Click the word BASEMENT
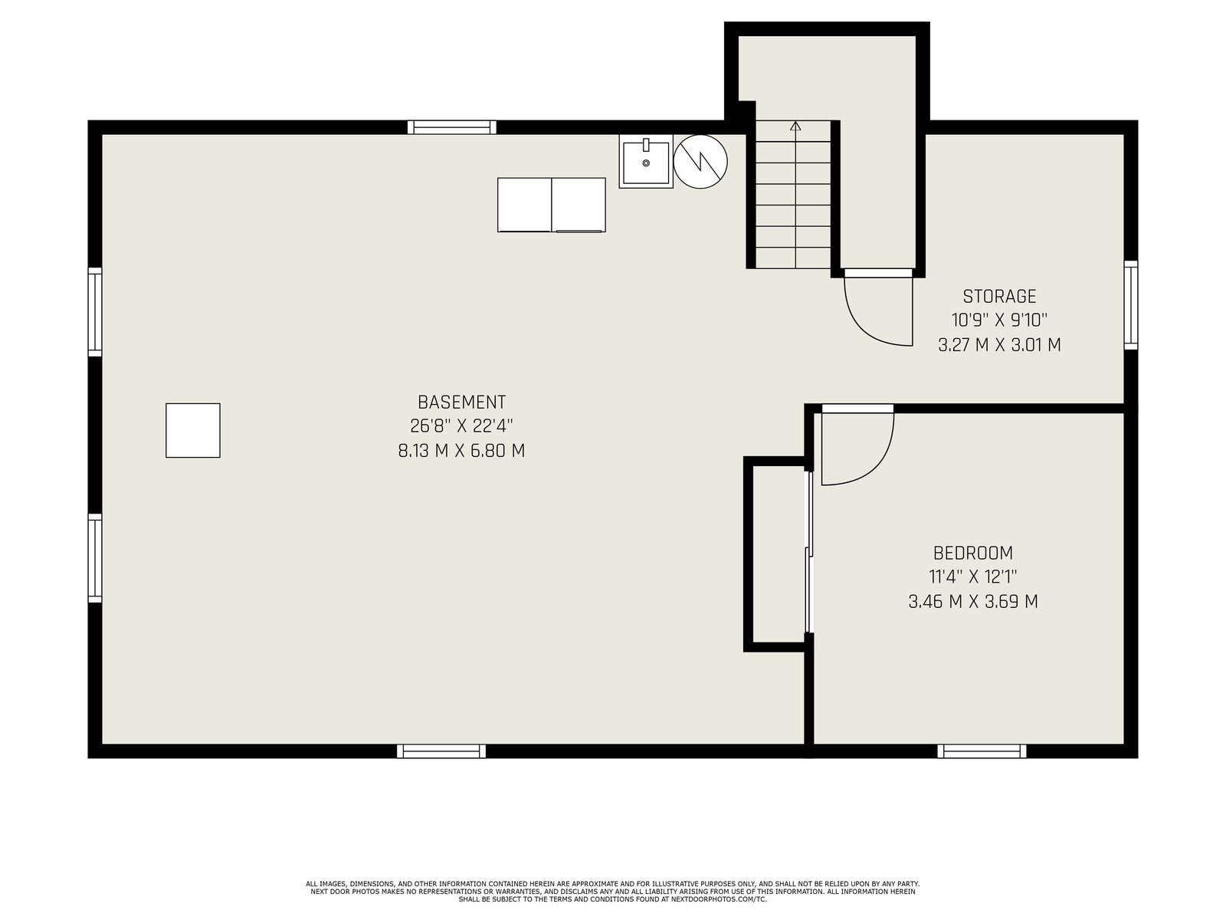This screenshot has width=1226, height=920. click(461, 402)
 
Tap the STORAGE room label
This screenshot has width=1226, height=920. click(999, 296)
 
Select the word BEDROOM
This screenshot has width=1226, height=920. click(973, 553)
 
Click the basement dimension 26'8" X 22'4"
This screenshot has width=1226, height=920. click(461, 426)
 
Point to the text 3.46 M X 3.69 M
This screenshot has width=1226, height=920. click(973, 602)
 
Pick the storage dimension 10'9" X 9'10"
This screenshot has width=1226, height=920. click(999, 320)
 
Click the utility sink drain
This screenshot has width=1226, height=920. click(646, 163)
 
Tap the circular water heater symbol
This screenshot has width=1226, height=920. click(700, 162)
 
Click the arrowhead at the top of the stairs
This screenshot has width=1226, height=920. click(795, 126)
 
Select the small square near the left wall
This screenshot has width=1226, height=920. click(192, 430)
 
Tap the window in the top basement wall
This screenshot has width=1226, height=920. click(451, 127)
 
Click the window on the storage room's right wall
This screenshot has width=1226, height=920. click(1130, 305)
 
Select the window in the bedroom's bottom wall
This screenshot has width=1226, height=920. click(982, 751)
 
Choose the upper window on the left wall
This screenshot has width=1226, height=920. click(95, 312)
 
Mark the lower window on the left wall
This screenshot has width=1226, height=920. click(95, 558)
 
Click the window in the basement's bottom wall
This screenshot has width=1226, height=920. click(441, 751)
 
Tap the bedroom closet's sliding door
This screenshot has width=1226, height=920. click(808, 552)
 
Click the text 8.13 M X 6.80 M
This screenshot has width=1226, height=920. click(461, 451)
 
